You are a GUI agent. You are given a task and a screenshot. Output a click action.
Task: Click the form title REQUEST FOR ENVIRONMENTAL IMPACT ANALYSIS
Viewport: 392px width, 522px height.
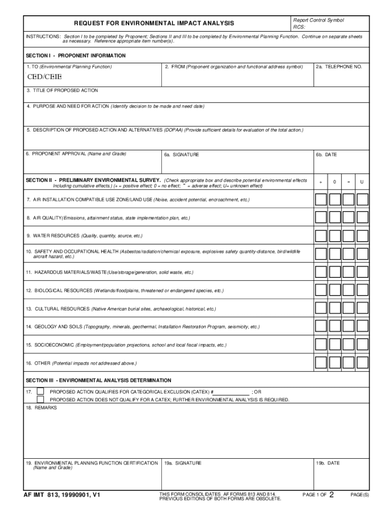154,23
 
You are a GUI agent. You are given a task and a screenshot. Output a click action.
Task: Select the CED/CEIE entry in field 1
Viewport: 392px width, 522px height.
44,77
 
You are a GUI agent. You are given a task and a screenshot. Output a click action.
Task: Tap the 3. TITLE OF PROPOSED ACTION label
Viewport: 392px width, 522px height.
62,90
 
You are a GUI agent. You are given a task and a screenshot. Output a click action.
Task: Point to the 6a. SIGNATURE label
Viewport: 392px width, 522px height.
182,154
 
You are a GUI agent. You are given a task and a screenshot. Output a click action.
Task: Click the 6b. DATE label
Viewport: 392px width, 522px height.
326,154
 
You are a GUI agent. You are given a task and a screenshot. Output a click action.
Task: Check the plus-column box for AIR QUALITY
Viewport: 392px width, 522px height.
321,218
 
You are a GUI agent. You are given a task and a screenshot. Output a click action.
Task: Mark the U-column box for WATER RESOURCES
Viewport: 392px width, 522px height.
362,236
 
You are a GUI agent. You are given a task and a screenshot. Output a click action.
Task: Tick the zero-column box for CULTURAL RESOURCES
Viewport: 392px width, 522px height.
334,308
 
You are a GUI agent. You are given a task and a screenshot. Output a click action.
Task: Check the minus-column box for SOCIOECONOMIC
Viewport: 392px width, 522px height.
348,345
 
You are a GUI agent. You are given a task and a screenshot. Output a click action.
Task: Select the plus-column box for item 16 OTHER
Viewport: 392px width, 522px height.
321,363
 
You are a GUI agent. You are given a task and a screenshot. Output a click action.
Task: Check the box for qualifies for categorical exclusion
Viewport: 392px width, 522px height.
40,391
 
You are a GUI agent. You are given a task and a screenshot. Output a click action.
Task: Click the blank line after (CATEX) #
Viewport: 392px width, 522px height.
232,392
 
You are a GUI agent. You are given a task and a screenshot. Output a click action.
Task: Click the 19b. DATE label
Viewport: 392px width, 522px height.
327,463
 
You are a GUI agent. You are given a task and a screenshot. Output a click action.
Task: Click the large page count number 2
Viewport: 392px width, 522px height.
331,494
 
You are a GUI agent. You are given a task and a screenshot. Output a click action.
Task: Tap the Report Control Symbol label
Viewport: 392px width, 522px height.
318,20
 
